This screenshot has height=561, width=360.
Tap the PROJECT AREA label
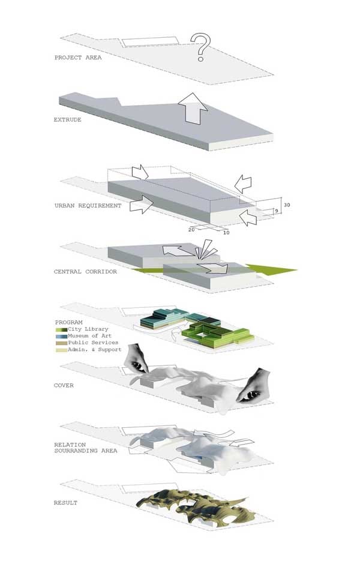point(78,57)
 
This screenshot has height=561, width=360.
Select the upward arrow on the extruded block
point(193,109)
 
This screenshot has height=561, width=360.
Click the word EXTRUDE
point(68,119)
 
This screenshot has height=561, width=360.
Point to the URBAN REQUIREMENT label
point(88,206)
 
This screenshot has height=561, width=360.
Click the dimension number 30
point(287,205)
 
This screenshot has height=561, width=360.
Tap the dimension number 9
point(276,211)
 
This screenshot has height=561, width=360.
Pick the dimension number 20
point(191,230)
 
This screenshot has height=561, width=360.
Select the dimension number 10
point(226,233)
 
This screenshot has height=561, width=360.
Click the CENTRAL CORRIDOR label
point(85,272)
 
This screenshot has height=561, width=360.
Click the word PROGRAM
point(69,322)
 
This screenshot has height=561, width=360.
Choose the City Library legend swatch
point(62,329)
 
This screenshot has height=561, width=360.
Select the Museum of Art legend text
point(90,336)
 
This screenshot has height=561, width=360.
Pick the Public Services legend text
point(93,343)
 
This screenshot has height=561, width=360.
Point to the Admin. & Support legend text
point(95,350)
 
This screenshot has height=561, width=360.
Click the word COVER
point(64,385)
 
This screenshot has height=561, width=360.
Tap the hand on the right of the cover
point(254,385)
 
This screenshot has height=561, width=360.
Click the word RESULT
point(65,503)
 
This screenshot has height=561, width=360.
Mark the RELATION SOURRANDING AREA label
point(86,448)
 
